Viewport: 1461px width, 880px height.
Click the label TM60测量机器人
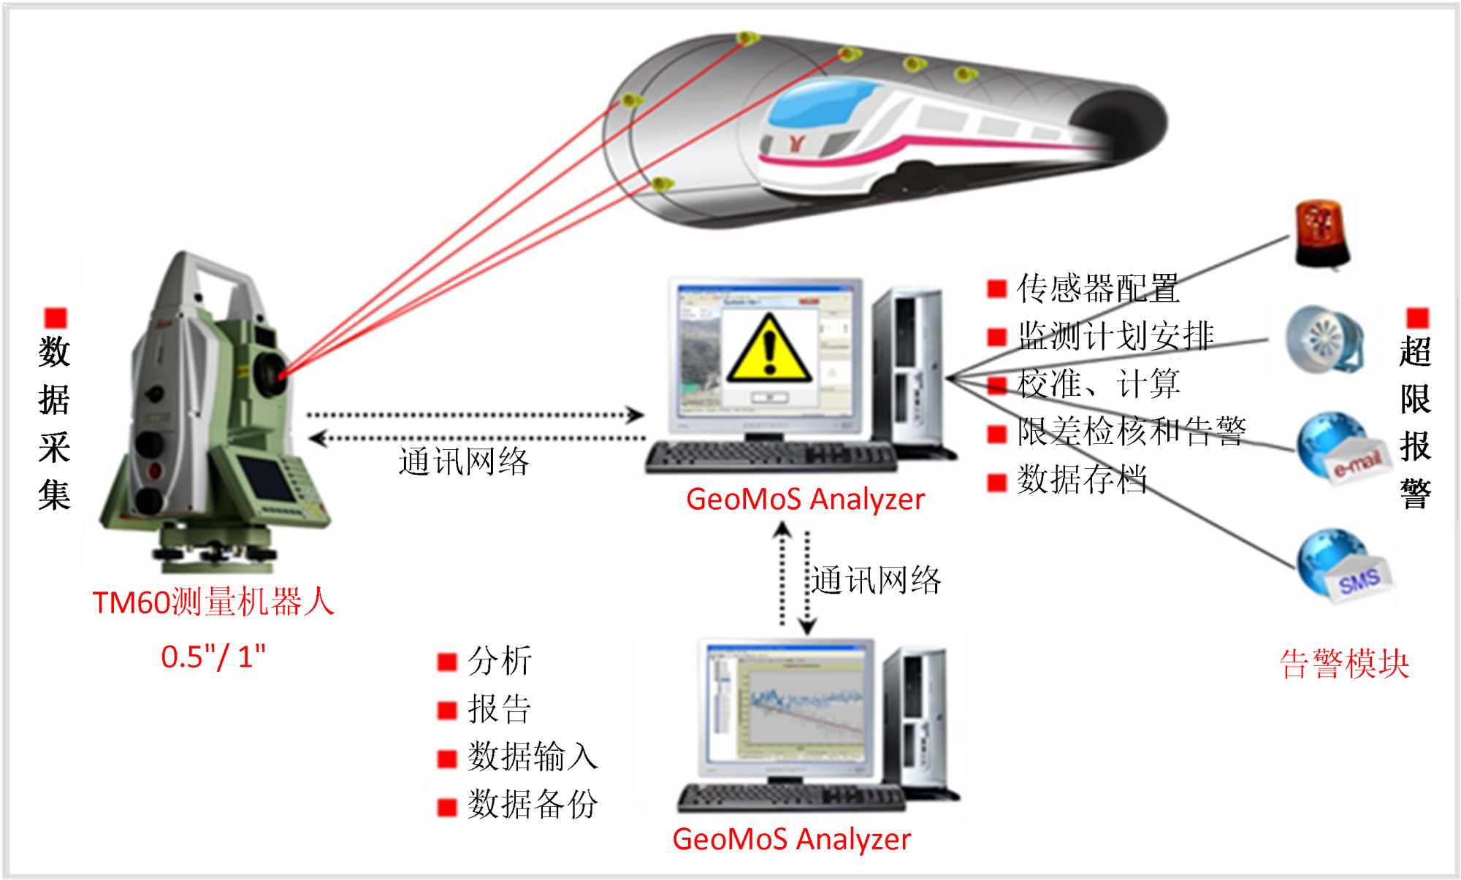(x=213, y=602)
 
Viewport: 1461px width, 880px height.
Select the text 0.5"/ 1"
(x=213, y=657)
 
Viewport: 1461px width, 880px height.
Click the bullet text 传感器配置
(x=1097, y=288)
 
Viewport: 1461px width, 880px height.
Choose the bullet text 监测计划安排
(x=1115, y=336)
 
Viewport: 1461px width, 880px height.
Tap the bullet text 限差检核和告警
(x=1131, y=431)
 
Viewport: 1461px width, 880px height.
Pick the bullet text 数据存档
(x=1082, y=479)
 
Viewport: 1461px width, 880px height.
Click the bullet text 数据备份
(x=533, y=804)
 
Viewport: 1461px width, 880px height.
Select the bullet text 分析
(x=500, y=661)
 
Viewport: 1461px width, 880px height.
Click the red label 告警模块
(x=1344, y=664)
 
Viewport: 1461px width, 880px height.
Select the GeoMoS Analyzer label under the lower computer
(x=791, y=839)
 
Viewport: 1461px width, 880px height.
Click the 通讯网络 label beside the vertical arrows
(x=876, y=581)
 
